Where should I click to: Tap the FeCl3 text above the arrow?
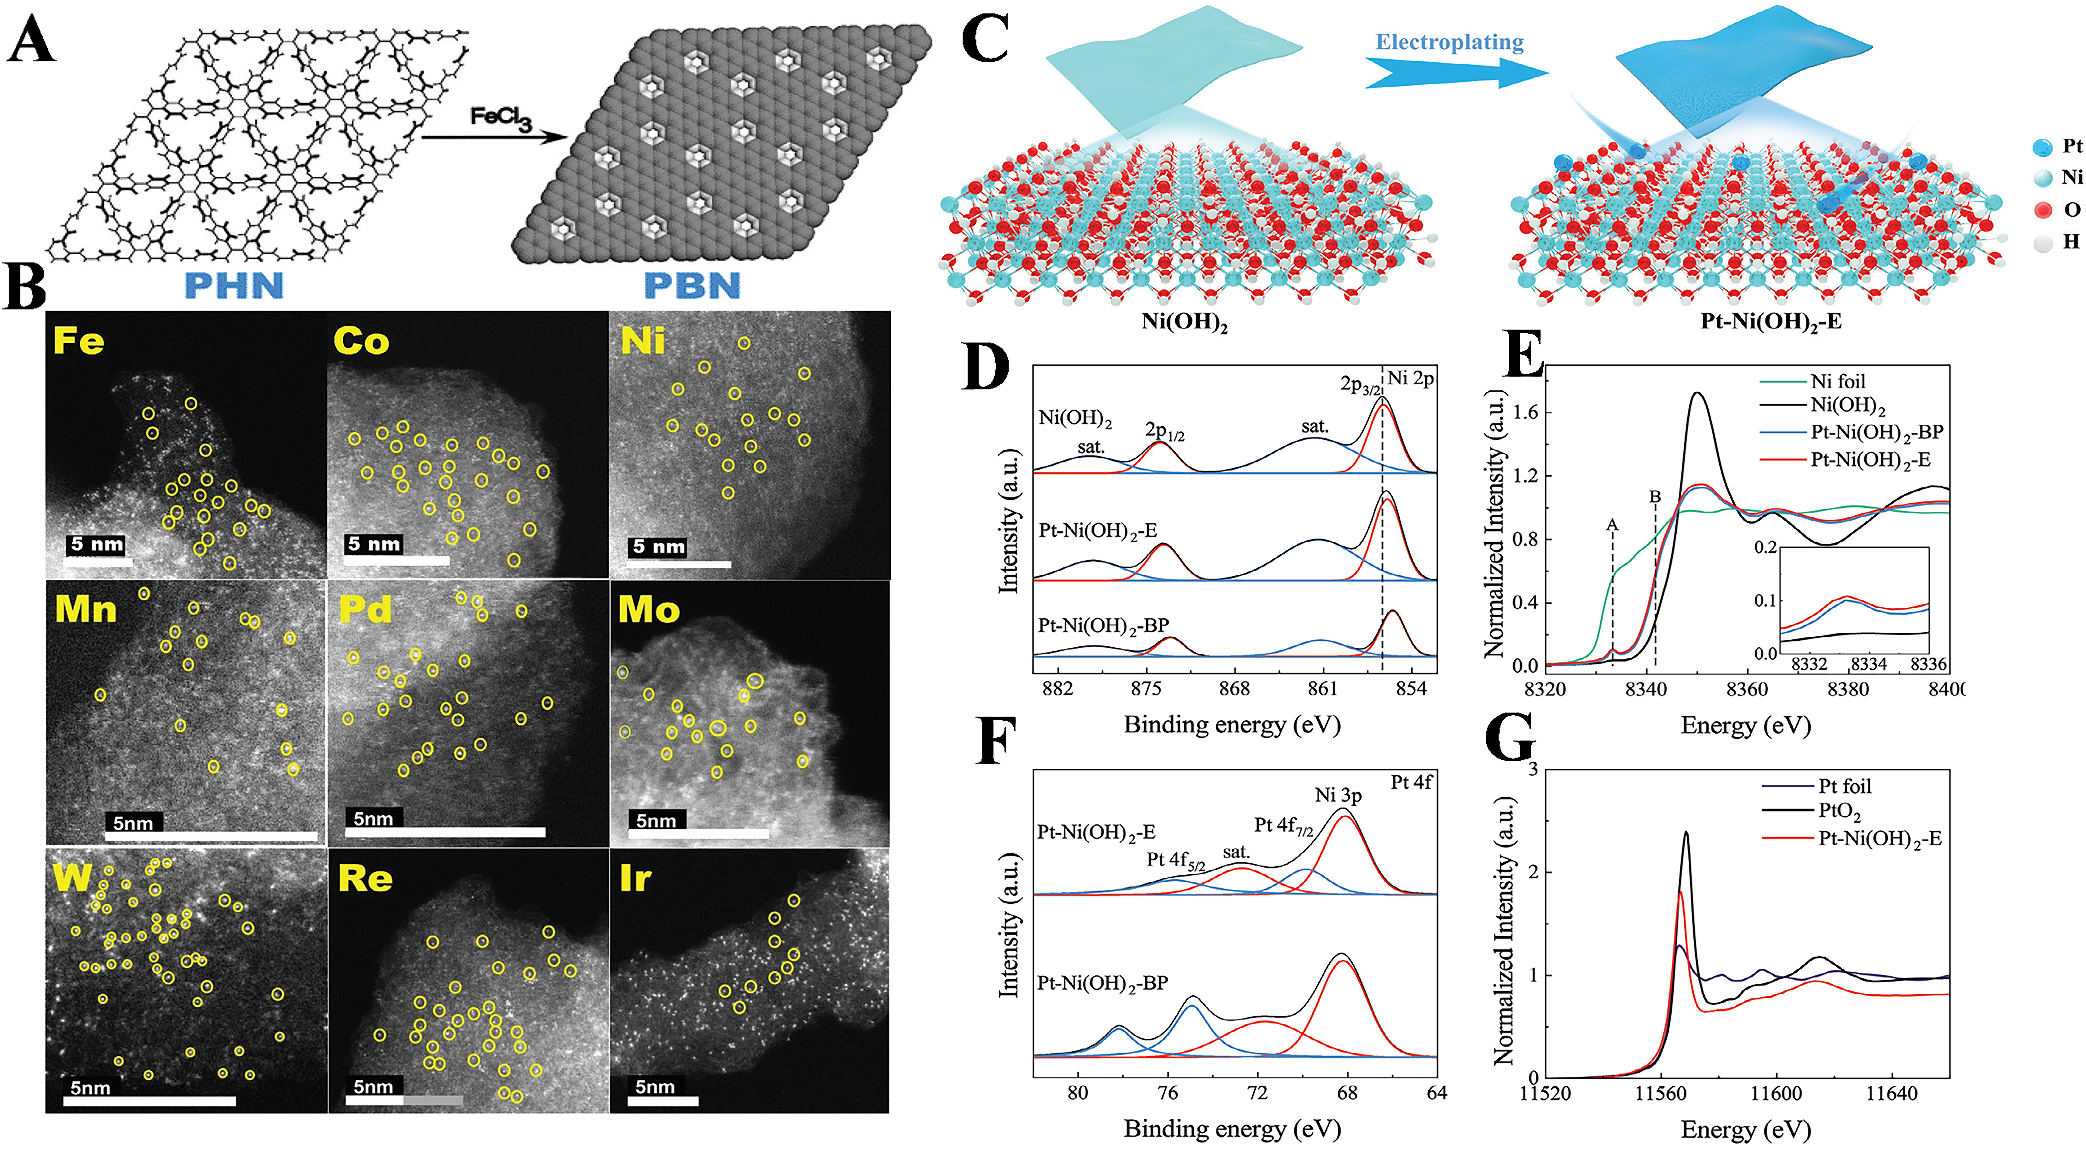[x=500, y=119]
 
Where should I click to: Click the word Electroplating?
[x=1450, y=42]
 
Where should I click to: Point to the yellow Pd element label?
[x=365, y=609]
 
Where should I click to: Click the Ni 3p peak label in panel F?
[x=1338, y=795]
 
